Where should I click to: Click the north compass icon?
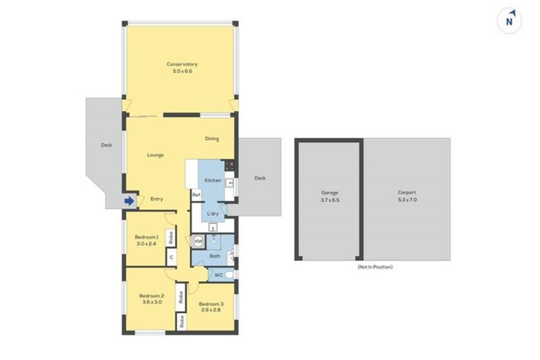(509, 20)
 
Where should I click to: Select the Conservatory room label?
(177, 67)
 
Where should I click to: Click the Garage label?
(330, 195)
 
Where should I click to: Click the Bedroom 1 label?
(147, 240)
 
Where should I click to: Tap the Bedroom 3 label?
(212, 306)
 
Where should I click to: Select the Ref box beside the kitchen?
(197, 194)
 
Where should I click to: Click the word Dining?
(212, 139)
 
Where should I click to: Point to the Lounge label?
(155, 155)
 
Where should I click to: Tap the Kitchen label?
(213, 181)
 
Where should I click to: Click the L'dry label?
(212, 213)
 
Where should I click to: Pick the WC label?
(218, 274)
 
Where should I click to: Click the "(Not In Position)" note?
(374, 267)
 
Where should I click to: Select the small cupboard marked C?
(170, 257)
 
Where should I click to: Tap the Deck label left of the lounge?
(106, 146)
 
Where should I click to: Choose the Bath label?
(215, 256)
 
